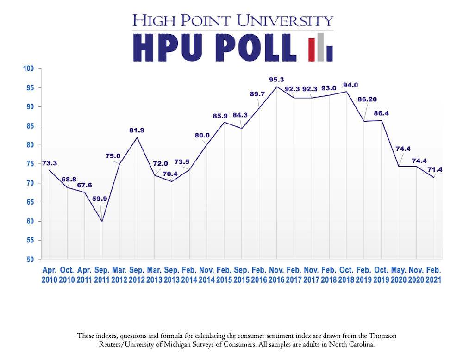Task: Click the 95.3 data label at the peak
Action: point(276,80)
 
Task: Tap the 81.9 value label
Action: point(137,130)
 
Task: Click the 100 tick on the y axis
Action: point(30,68)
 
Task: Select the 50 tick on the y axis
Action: point(31,259)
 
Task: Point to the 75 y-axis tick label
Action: point(31,164)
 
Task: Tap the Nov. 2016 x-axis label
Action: point(276,275)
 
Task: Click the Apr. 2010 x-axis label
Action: point(50,275)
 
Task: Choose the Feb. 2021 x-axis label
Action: point(434,275)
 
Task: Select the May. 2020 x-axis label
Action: point(399,275)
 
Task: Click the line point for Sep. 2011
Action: point(102,222)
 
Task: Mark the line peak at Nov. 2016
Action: point(276,87)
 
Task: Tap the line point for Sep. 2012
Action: point(137,137)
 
